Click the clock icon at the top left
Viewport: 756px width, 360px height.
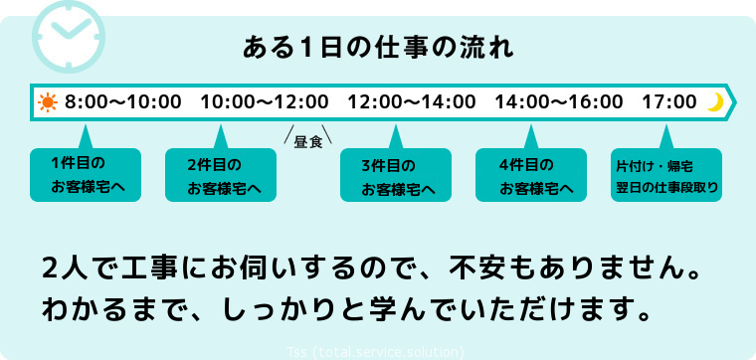pyautogui.click(x=69, y=31)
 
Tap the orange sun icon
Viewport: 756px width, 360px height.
pyautogui.click(x=48, y=101)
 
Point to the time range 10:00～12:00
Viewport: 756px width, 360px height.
pyautogui.click(x=264, y=101)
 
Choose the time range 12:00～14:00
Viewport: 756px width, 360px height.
pyautogui.click(x=412, y=101)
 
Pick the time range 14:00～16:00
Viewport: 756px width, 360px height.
pyautogui.click(x=559, y=101)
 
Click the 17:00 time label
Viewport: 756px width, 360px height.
pyautogui.click(x=669, y=101)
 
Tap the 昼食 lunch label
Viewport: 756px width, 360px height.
pyautogui.click(x=307, y=142)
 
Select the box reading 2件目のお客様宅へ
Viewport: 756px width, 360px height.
pyautogui.click(x=224, y=174)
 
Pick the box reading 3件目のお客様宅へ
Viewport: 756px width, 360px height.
pyautogui.click(x=395, y=175)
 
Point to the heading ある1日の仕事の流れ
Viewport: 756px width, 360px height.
pyautogui.click(x=379, y=48)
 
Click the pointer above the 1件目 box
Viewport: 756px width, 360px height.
pyautogui.click(x=86, y=136)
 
